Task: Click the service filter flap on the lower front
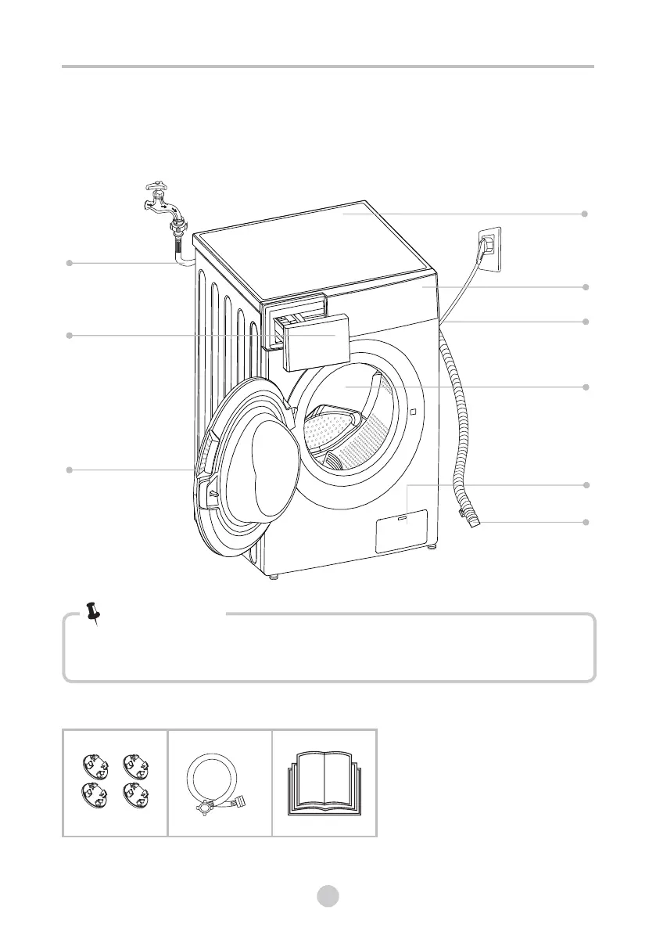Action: [x=402, y=531]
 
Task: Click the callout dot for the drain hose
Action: [x=586, y=521]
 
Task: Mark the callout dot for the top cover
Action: [x=586, y=214]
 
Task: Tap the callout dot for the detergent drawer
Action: [x=69, y=336]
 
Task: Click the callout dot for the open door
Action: [x=69, y=470]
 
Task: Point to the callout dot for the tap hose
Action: [x=69, y=263]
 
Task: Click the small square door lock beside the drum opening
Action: [x=410, y=412]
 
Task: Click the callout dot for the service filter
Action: [x=586, y=486]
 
